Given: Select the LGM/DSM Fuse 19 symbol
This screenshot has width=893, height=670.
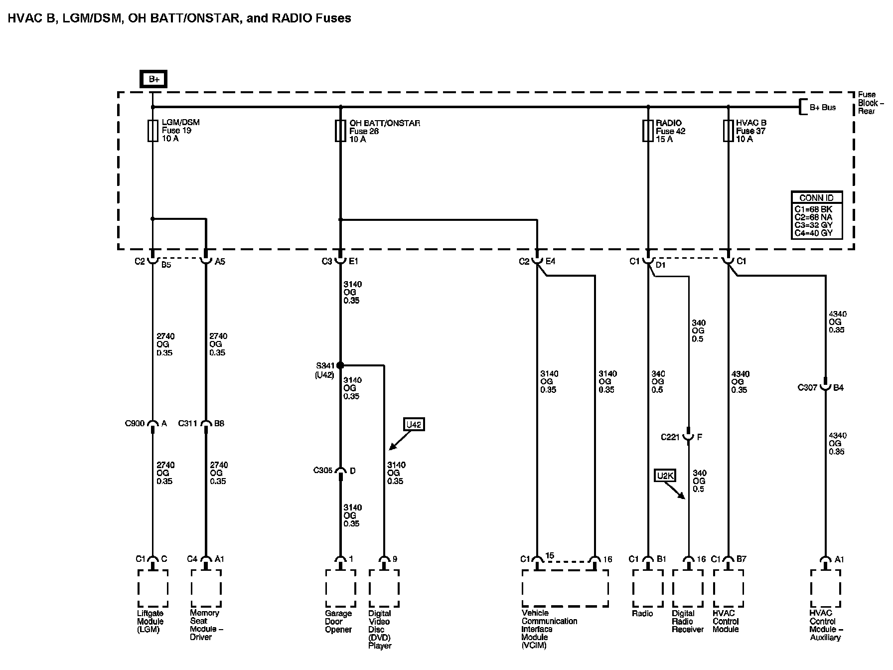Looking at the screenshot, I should (152, 131).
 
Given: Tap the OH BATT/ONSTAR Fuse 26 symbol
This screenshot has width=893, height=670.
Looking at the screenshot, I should (340, 131).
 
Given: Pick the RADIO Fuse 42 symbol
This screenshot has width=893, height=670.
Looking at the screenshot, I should (648, 131).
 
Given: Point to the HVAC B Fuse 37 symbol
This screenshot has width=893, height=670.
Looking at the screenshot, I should (729, 131).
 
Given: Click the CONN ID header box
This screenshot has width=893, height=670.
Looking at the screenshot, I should (816, 197).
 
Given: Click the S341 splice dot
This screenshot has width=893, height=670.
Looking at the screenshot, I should (340, 365).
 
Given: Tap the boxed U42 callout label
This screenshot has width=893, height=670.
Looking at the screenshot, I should (414, 425).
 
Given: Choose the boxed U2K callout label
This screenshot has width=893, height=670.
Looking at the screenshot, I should (665, 476).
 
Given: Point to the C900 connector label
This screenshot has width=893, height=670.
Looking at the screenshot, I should (135, 424).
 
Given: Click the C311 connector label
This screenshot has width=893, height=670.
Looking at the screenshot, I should (188, 424).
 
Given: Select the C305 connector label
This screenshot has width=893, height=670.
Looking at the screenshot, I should (323, 470).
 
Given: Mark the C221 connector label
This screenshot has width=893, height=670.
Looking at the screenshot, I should (670, 437).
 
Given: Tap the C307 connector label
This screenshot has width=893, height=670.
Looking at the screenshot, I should (807, 387).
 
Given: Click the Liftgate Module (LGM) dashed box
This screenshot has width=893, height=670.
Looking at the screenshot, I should (153, 588).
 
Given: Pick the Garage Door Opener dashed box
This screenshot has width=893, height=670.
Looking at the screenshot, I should (341, 588).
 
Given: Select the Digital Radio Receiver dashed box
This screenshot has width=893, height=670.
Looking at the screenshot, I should (688, 588).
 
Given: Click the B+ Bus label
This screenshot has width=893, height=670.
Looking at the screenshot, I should (822, 107).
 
